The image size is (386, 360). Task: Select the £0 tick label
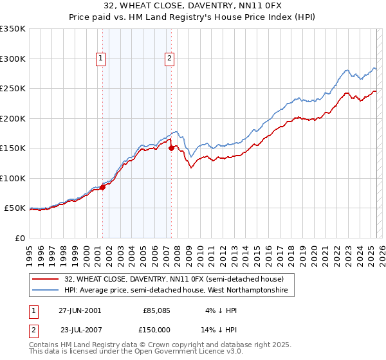click(x=21, y=238)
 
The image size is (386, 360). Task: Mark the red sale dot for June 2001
click(x=103, y=188)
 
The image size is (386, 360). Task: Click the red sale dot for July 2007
click(x=171, y=148)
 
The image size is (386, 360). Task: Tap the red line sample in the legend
click(x=46, y=279)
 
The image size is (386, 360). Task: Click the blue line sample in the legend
click(x=46, y=291)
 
